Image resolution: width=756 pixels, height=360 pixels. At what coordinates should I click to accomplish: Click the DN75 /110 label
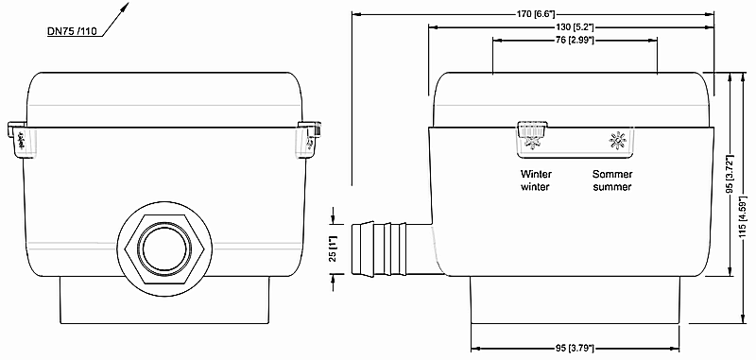[73, 32]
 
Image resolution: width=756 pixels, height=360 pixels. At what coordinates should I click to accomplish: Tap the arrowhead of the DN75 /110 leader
[126, 6]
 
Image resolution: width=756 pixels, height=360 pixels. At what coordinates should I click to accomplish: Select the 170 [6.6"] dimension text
[534, 14]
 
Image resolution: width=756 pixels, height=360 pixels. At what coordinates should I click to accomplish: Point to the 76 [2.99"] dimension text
[574, 40]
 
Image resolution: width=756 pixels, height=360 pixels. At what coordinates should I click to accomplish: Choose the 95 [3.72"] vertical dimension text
[730, 174]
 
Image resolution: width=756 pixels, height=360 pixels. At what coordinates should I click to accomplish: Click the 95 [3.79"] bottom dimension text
[574, 348]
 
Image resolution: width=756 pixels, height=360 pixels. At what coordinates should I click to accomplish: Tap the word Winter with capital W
[536, 174]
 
